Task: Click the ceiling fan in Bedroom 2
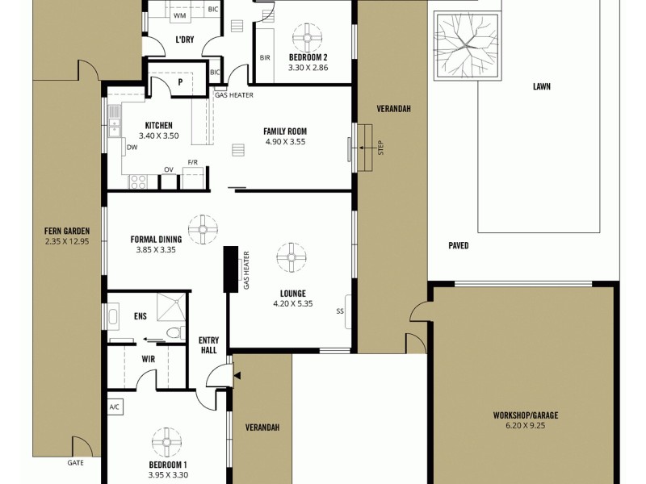pyautogui.click(x=307, y=37)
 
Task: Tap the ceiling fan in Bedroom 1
pyautogui.click(x=169, y=443)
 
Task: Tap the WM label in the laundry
pyautogui.click(x=179, y=15)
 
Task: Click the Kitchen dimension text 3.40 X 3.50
pyautogui.click(x=158, y=136)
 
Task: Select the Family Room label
pyautogui.click(x=285, y=131)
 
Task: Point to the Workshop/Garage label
pyautogui.click(x=526, y=415)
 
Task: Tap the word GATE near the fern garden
pyautogui.click(x=76, y=463)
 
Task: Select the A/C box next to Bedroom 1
pyautogui.click(x=115, y=407)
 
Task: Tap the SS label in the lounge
pyautogui.click(x=340, y=311)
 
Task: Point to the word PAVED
pyautogui.click(x=459, y=246)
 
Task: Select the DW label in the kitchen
pyautogui.click(x=131, y=148)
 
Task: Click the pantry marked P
pyautogui.click(x=179, y=81)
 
